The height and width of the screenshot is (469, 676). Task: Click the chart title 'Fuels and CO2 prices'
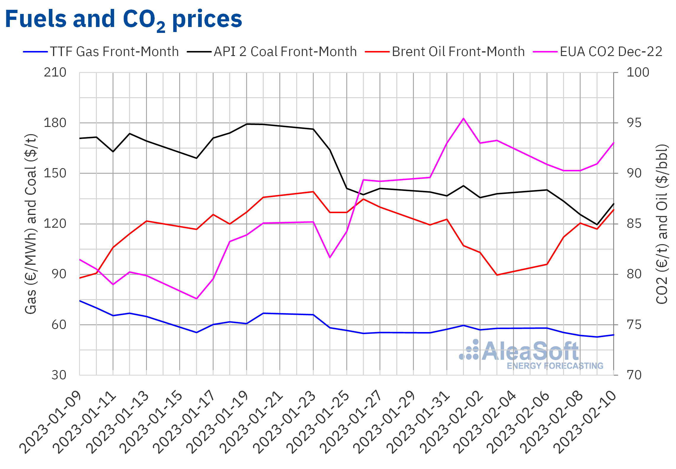point(124,19)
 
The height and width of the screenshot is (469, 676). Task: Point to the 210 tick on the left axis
point(55,73)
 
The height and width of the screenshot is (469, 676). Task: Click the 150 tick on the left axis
point(55,173)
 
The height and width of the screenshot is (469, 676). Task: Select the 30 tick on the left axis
point(59,375)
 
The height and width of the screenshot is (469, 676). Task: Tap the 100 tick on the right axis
point(637,73)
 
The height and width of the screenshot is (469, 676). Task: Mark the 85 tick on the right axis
point(634,224)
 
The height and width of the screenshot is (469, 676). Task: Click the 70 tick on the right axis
point(634,375)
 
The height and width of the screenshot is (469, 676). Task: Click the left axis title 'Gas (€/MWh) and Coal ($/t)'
point(31,224)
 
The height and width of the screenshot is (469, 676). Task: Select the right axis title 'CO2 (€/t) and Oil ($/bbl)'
point(662,224)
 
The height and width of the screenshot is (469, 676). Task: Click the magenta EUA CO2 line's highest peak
point(463,119)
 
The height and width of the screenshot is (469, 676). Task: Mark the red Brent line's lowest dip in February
point(497,275)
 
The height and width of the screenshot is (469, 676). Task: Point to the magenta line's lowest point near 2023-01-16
point(196,299)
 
